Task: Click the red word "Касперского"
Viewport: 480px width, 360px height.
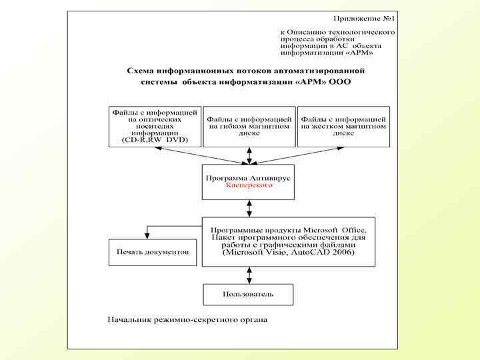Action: [x=249, y=185]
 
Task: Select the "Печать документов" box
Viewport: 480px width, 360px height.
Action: [x=153, y=252]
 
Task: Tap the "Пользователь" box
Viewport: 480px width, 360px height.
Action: [x=249, y=293]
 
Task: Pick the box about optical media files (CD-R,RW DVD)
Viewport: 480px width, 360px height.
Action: [x=155, y=126]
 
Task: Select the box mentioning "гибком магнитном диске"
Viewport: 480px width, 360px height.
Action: [x=249, y=126]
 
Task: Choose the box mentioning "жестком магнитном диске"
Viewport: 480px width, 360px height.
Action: [x=343, y=126]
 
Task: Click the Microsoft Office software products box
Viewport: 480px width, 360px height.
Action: [x=288, y=241]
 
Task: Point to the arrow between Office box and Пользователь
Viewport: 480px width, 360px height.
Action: [x=249, y=275]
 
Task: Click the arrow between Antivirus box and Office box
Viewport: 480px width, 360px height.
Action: [x=249, y=208]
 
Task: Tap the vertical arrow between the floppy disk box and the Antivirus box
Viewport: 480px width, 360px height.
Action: [x=249, y=155]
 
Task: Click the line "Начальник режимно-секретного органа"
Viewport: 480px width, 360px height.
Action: [x=188, y=319]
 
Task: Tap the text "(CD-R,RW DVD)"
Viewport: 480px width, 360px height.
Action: [x=155, y=140]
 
